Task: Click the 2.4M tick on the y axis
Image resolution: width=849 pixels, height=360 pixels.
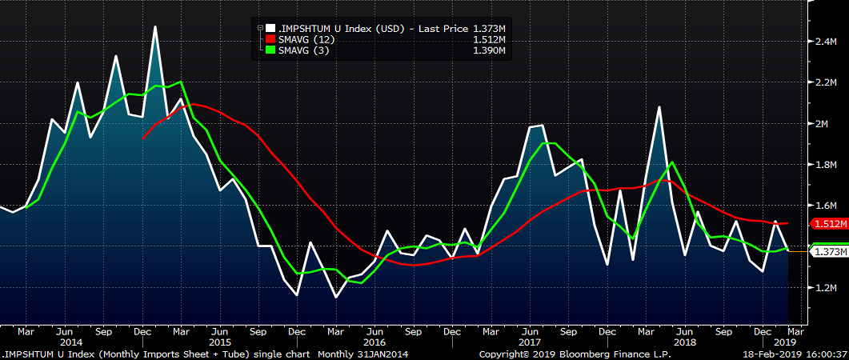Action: [x=825, y=42]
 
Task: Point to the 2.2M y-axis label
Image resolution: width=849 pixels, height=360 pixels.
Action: [x=825, y=82]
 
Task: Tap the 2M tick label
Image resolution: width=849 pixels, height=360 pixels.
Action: [x=822, y=124]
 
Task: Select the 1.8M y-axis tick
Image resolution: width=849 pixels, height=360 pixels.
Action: [x=825, y=165]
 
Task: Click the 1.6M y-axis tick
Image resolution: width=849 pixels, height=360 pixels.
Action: [x=825, y=206]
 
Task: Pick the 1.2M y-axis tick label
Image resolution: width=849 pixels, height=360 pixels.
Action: [x=825, y=287]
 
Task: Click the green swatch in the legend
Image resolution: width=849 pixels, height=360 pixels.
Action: [x=270, y=50]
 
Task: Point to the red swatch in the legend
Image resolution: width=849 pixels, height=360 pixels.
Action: [x=270, y=39]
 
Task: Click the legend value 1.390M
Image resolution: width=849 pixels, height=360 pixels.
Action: [x=490, y=50]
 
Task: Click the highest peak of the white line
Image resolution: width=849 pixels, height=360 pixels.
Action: [x=155, y=26]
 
